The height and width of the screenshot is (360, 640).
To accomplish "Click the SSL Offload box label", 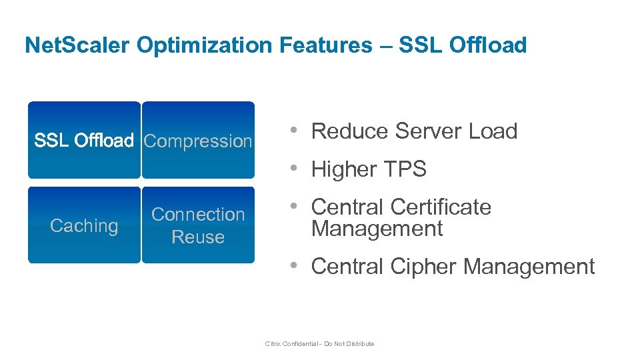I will [84, 141].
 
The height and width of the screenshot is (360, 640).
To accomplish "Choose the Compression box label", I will [198, 141].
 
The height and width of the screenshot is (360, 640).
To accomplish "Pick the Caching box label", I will [84, 226].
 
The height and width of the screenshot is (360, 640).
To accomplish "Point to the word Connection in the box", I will [198, 215].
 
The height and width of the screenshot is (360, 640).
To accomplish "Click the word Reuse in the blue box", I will [198, 237].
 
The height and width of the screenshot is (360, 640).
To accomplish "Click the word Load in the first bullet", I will [493, 131].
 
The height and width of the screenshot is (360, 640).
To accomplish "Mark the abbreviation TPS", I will [403, 169].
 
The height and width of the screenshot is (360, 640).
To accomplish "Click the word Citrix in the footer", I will [273, 344].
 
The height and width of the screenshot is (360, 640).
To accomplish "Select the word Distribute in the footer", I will [360, 344].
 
